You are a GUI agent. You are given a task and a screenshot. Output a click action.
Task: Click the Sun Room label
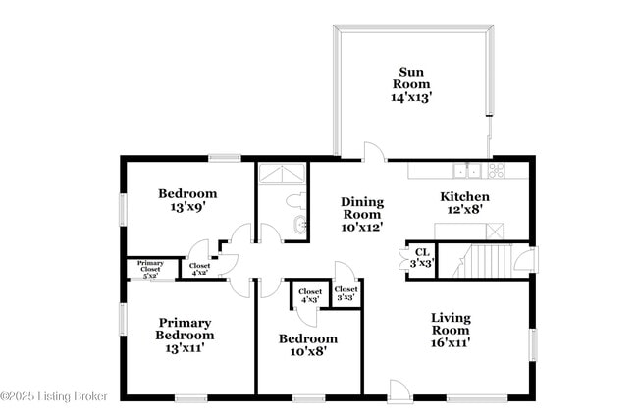411,83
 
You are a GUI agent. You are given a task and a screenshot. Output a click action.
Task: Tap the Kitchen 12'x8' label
464,202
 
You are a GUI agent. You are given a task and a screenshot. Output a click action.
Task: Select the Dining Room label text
362,214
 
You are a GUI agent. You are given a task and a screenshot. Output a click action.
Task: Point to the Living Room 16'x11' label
451,324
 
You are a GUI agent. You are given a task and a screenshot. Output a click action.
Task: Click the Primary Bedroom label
184,335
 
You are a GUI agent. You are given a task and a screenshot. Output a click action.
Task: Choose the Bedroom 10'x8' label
307,343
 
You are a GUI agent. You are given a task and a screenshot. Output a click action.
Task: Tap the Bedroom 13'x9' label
187,200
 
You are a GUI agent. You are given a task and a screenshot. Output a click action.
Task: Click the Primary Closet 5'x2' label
150,270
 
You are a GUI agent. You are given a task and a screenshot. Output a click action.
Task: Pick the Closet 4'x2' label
199,270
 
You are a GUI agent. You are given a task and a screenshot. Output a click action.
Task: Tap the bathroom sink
298,227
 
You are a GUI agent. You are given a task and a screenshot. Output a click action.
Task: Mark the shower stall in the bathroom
283,174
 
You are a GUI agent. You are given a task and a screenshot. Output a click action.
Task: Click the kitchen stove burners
497,169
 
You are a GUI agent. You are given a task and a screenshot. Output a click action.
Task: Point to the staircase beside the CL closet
489,261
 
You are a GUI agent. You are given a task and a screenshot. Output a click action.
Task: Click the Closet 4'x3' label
309,295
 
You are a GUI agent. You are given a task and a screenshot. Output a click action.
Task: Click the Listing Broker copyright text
54,395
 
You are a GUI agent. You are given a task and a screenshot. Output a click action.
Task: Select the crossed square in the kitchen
495,231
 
